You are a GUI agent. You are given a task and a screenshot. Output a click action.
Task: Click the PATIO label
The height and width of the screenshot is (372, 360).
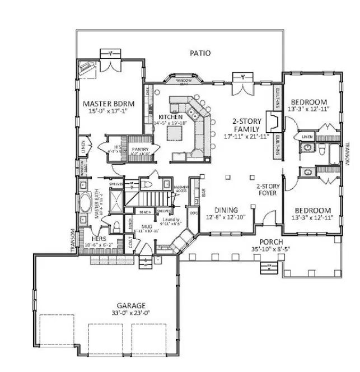pos(200,54)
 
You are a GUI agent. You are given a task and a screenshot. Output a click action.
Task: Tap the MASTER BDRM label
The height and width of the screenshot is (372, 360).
pos(106,104)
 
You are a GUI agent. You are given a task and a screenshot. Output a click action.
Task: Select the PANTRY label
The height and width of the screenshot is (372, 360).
pos(139,150)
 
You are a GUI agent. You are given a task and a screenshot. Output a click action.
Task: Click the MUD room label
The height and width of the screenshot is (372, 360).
pos(147,226)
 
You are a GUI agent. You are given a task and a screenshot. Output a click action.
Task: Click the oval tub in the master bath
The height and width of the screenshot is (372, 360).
pos(86,203)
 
